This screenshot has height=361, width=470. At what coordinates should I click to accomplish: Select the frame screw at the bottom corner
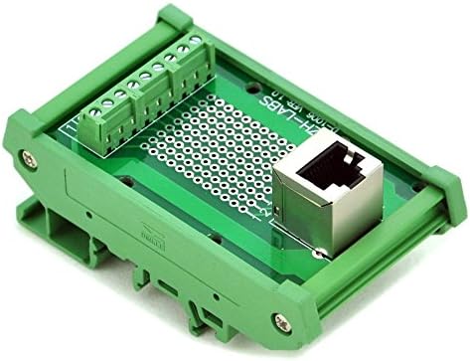pos(279,319)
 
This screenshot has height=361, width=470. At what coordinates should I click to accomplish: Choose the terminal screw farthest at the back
pos(196,42)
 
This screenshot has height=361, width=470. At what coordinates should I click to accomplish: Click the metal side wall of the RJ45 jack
pos(297,209)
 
